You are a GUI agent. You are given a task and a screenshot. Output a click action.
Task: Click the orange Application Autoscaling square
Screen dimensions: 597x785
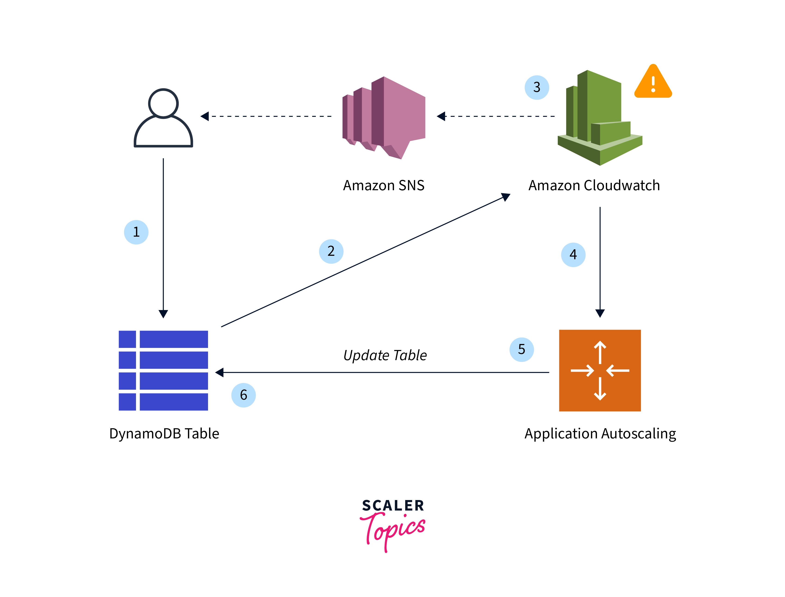600,370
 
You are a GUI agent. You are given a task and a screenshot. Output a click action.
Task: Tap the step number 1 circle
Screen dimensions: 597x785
136,232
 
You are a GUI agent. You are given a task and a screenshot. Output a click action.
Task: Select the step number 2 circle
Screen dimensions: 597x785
331,251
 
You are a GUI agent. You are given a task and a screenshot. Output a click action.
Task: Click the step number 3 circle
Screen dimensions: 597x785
537,87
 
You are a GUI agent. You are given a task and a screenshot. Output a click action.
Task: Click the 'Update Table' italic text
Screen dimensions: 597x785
385,355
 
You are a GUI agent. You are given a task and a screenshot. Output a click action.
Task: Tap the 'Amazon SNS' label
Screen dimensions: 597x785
384,186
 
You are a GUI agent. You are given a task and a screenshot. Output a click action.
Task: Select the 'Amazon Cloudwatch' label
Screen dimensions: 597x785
594,186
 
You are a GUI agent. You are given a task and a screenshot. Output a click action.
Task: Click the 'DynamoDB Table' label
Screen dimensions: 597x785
164,434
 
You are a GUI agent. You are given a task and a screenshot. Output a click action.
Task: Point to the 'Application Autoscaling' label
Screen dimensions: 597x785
600,434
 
